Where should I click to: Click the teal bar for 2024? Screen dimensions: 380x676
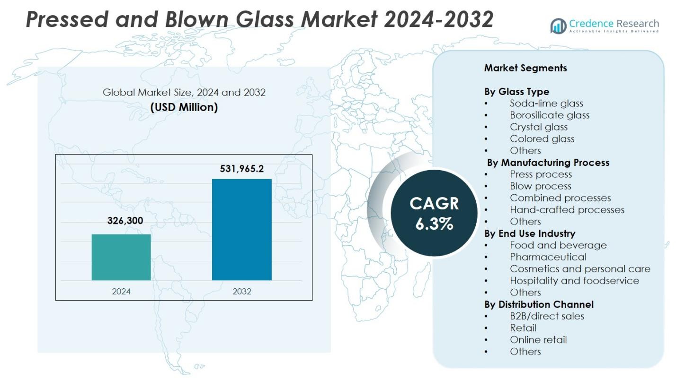point(121,257)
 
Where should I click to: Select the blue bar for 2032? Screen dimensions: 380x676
point(241,230)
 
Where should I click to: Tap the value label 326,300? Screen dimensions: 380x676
point(125,221)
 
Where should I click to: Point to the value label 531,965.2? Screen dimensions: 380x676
point(241,169)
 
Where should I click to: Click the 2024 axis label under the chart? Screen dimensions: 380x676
point(121,291)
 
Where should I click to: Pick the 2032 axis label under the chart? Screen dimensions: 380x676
point(241,291)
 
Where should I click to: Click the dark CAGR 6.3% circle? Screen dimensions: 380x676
point(434,213)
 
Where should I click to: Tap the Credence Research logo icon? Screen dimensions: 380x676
point(558,26)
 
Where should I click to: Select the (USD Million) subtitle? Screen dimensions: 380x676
point(184,107)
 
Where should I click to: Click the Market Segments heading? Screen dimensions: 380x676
point(525,68)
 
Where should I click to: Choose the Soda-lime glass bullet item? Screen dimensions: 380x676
point(546,103)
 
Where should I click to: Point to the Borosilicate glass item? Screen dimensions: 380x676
point(550,115)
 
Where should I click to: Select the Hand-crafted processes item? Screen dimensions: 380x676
point(567,209)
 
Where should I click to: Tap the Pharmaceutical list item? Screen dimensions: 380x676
point(548,257)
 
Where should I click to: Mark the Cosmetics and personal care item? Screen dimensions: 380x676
point(580,268)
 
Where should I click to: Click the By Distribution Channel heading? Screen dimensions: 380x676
point(539,304)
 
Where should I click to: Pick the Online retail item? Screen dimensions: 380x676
point(538,339)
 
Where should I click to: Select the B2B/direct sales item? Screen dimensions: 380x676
point(547,316)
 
